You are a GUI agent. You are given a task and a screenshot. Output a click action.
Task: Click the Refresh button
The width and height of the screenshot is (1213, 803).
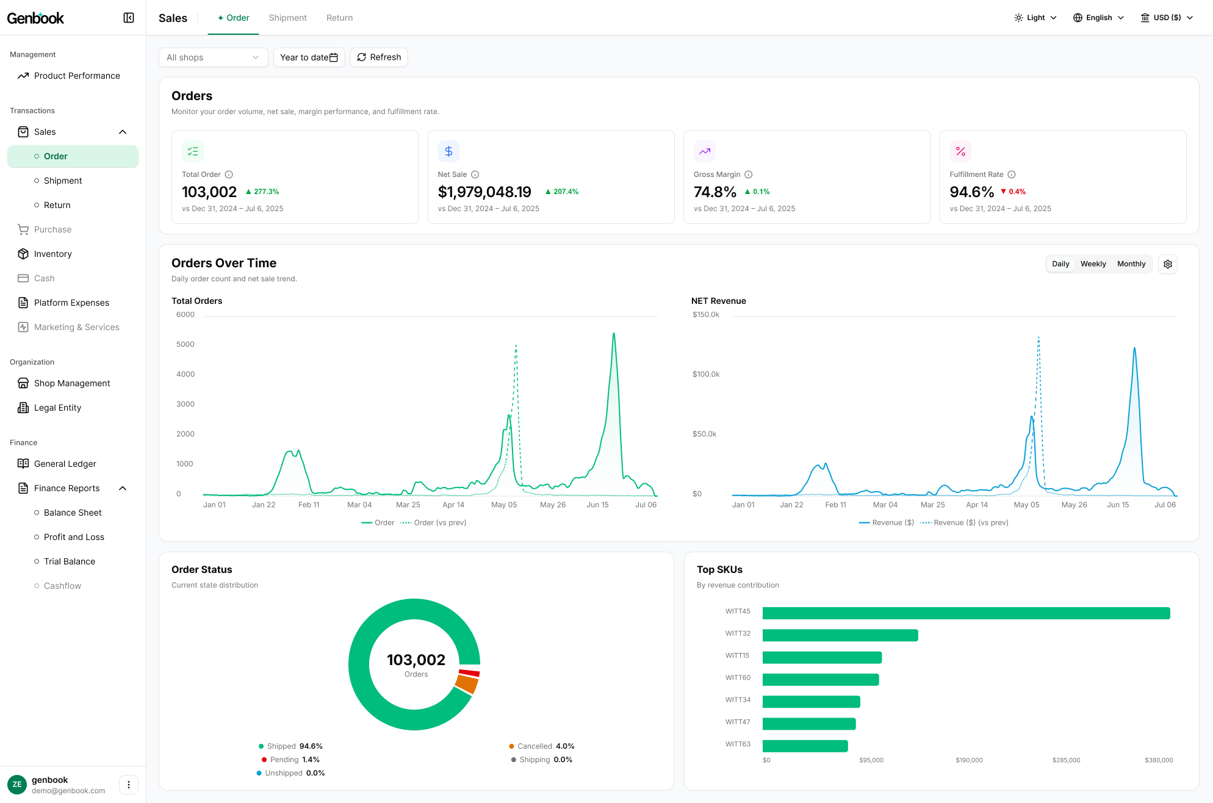pos(379,57)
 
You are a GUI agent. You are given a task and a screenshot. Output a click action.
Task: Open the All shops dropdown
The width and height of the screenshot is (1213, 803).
pos(213,57)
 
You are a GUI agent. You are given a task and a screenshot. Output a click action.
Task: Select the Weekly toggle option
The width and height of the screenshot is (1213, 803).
pos(1093,264)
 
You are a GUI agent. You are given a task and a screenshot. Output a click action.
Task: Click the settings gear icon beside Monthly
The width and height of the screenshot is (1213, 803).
pos(1168,264)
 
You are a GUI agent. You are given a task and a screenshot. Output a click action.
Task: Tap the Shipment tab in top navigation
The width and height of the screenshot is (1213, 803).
pos(288,18)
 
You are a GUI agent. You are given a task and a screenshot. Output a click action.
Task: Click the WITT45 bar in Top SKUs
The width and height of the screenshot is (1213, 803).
pos(966,613)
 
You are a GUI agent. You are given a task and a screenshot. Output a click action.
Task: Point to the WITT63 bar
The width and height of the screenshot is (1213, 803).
pos(805,746)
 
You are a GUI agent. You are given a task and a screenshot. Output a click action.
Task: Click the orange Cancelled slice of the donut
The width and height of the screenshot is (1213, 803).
pos(467,683)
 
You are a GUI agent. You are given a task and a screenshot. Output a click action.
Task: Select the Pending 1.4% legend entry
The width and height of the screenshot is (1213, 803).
pos(290,760)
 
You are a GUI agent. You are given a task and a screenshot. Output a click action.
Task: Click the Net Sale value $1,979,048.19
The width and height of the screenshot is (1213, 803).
pos(484,192)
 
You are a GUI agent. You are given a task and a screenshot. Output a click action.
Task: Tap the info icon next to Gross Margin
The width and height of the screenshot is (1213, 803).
pos(749,175)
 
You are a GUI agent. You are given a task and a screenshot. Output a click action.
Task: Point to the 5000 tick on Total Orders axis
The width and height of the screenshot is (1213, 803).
pos(185,344)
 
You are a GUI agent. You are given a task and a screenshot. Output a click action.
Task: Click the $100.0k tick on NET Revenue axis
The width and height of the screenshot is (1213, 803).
pos(706,374)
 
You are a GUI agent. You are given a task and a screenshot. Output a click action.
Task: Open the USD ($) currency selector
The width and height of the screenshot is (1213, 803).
pos(1167,18)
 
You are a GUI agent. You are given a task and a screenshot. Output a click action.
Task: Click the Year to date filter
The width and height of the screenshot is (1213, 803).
pos(309,57)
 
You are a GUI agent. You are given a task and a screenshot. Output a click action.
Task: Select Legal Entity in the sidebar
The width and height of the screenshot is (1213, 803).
pos(57,408)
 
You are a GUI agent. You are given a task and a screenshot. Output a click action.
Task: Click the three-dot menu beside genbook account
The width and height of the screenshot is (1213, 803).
pos(129,785)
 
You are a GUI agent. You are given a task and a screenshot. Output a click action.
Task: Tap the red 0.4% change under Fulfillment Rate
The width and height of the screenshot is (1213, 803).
pos(1013,192)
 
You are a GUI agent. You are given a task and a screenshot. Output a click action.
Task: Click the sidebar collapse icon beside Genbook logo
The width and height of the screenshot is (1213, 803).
pos(129,18)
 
